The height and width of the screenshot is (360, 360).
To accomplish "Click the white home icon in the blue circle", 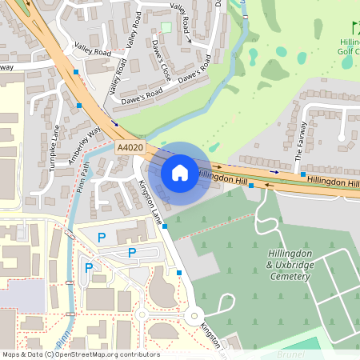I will pyautogui.click(x=180, y=172).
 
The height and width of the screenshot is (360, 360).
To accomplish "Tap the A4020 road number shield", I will pyautogui.click(x=129, y=148).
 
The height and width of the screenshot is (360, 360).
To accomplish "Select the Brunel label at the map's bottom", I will pyautogui.click(x=291, y=352).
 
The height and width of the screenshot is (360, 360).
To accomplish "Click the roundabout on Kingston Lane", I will pyautogui.click(x=195, y=317).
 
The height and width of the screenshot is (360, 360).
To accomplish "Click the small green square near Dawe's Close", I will pyautogui.click(x=166, y=27).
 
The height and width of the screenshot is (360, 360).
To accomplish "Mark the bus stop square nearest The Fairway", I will pyautogui.click(x=251, y=186).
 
